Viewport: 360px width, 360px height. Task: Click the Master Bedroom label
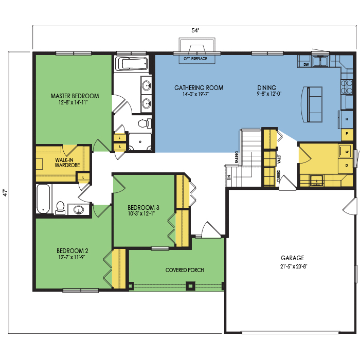pos(75,96)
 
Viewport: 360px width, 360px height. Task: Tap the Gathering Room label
pos(199,88)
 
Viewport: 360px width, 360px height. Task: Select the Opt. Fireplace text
pos(195,59)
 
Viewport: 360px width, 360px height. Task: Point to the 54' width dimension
pos(195,30)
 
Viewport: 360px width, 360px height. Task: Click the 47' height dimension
pos(6,192)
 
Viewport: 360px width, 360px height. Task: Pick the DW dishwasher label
pos(306,65)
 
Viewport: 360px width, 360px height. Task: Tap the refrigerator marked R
pos(347,119)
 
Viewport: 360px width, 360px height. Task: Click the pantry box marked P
pos(347,134)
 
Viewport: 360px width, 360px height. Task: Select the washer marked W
pos(346,152)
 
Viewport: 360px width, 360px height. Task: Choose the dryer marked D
pos(346,166)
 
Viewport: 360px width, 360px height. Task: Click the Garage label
pos(293,258)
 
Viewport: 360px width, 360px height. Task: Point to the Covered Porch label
pos(185,270)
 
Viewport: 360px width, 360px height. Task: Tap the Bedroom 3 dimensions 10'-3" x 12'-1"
pos(141,214)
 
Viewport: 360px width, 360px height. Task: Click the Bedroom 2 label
pos(73,251)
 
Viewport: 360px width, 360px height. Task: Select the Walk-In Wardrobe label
pos(67,163)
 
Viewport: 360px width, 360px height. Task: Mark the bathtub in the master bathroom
pos(131,64)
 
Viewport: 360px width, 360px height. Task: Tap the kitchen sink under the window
pos(320,61)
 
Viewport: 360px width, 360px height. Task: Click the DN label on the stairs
pos(229,177)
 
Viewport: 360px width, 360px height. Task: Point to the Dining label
pos(266,88)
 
